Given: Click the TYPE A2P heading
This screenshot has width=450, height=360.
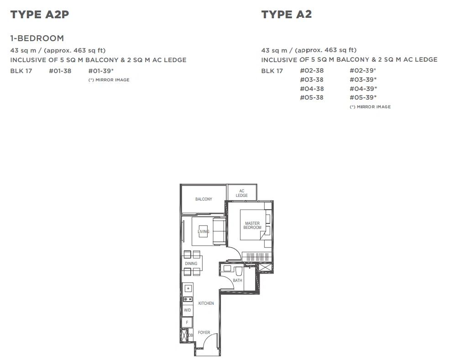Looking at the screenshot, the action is (x=40, y=14).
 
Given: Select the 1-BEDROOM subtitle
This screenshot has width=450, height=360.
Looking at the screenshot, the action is (x=37, y=38).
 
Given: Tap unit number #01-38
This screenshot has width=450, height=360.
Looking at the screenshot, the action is (x=60, y=71).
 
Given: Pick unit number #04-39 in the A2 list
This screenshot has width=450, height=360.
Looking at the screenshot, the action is (x=363, y=89).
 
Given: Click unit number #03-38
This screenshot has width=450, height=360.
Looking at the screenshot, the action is (x=312, y=79).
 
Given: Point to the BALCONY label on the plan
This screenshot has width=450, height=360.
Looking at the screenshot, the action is (x=204, y=199).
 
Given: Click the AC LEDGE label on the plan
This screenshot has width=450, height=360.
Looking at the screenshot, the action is (x=241, y=193).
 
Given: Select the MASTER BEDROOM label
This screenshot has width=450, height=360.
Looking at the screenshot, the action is (x=252, y=225).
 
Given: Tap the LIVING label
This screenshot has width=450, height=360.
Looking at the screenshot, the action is (x=204, y=232).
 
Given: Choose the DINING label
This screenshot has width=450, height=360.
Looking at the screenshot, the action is (x=191, y=264).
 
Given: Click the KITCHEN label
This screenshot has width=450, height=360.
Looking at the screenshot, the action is (x=206, y=303).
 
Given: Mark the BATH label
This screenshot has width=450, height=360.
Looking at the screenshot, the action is (x=237, y=281).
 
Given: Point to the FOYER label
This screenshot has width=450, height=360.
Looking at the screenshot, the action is (x=204, y=333).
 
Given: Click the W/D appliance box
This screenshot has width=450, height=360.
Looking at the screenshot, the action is (x=188, y=310).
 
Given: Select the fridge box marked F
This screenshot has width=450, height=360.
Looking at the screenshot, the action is (x=188, y=323).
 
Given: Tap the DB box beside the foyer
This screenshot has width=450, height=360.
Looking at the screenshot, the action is (x=190, y=335).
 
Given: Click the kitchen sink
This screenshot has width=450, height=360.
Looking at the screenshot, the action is (x=188, y=288).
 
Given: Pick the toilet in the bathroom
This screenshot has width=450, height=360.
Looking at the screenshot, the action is (x=239, y=271).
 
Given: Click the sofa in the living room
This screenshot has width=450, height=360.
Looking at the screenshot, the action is (x=219, y=231).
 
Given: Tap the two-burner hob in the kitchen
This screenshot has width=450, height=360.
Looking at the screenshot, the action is (x=188, y=299).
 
